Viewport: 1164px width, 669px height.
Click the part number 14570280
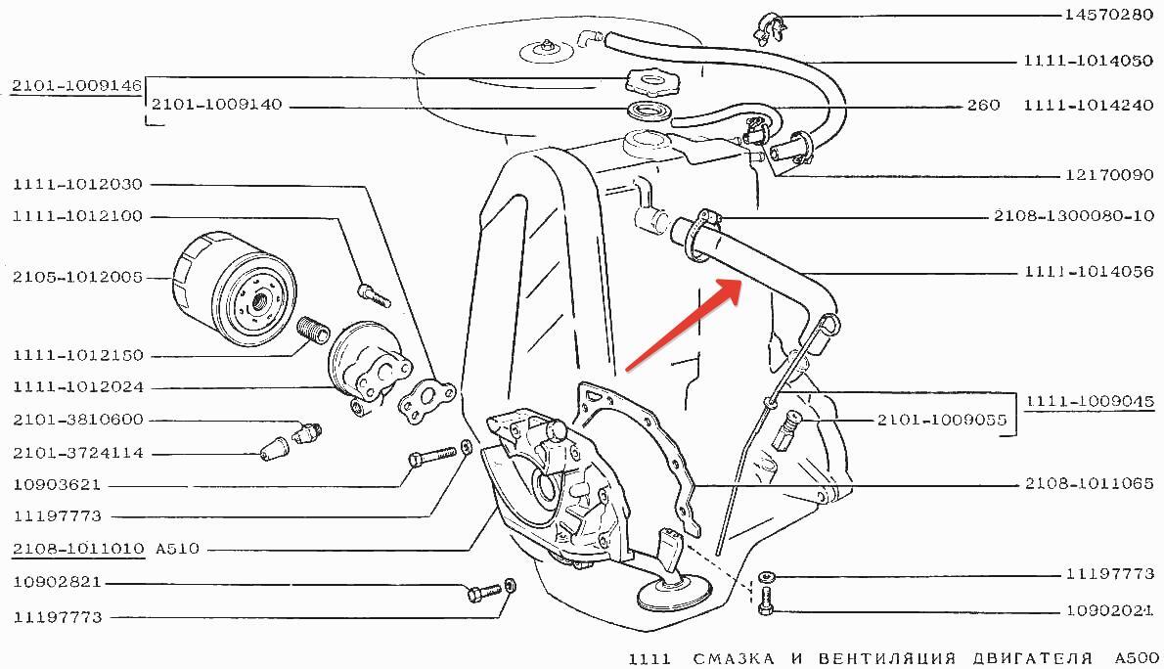tap(1107, 16)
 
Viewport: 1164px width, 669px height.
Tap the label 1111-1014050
tap(1089, 61)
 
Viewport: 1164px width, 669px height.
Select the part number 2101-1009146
tap(77, 86)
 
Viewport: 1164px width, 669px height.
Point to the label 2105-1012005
tap(77, 278)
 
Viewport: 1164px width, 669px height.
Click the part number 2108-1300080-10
tap(1074, 216)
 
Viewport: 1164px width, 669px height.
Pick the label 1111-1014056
tap(1089, 272)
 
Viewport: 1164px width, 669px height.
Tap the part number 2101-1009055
tap(941, 420)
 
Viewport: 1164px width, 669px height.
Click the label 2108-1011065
tap(1089, 483)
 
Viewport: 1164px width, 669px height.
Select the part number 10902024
tap(1107, 611)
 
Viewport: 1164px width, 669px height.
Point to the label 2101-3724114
tap(77, 454)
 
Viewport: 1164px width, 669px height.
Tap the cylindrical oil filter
tap(232, 290)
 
